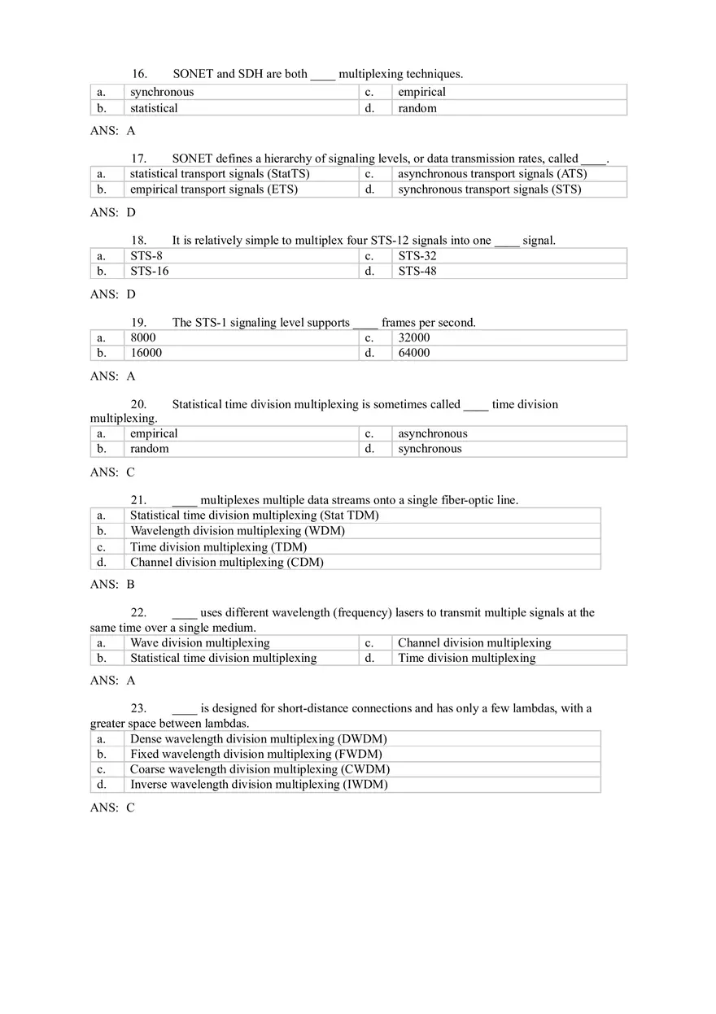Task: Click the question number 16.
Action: (138, 74)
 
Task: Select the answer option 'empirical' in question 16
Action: (421, 93)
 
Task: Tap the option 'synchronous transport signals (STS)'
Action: (489, 189)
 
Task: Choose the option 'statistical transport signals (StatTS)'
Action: (220, 174)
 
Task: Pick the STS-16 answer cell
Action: (150, 272)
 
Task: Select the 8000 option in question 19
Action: (143, 337)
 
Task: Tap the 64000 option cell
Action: (414, 353)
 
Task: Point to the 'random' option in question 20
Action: (150, 449)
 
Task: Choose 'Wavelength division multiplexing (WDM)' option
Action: (238, 531)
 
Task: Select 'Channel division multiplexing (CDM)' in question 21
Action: (226, 562)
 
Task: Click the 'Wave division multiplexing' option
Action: (199, 643)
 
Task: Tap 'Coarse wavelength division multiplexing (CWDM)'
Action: (260, 769)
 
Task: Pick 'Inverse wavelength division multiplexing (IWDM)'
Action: (259, 785)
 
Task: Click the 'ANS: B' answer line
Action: (112, 584)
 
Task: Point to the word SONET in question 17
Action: (192, 159)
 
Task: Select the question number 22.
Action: (138, 613)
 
